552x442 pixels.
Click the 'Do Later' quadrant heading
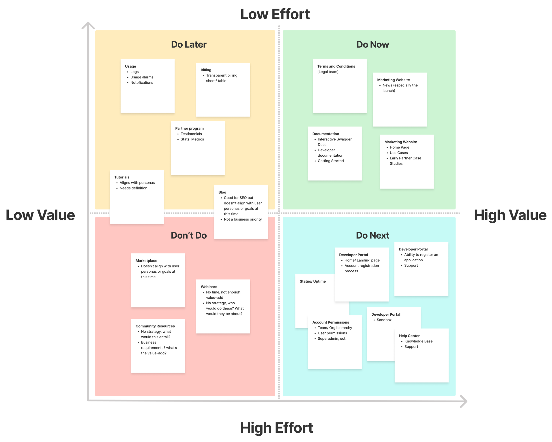pyautogui.click(x=189, y=45)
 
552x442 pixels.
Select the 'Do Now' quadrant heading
pyautogui.click(x=372, y=45)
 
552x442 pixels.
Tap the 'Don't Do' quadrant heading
pyautogui.click(x=189, y=235)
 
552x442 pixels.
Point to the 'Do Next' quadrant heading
pyautogui.click(x=372, y=235)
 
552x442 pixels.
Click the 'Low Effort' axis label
pyautogui.click(x=275, y=14)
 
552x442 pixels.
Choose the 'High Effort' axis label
pyautogui.click(x=276, y=428)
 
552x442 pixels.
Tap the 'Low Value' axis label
pyautogui.click(x=40, y=215)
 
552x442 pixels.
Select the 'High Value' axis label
pyautogui.click(x=510, y=215)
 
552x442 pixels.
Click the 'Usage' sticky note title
pyautogui.click(x=130, y=66)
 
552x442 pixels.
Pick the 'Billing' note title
pyautogui.click(x=206, y=70)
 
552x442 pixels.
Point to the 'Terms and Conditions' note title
pyautogui.click(x=336, y=66)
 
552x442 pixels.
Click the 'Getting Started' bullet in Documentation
pyautogui.click(x=331, y=161)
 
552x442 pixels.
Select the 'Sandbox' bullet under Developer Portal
pyautogui.click(x=384, y=320)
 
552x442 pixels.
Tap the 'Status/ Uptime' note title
pyautogui.click(x=313, y=281)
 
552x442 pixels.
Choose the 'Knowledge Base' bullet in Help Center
pyautogui.click(x=418, y=341)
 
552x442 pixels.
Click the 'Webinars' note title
pyautogui.click(x=209, y=287)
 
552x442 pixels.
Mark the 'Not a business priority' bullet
pyautogui.click(x=243, y=219)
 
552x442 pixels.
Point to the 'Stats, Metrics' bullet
pyautogui.click(x=192, y=139)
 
